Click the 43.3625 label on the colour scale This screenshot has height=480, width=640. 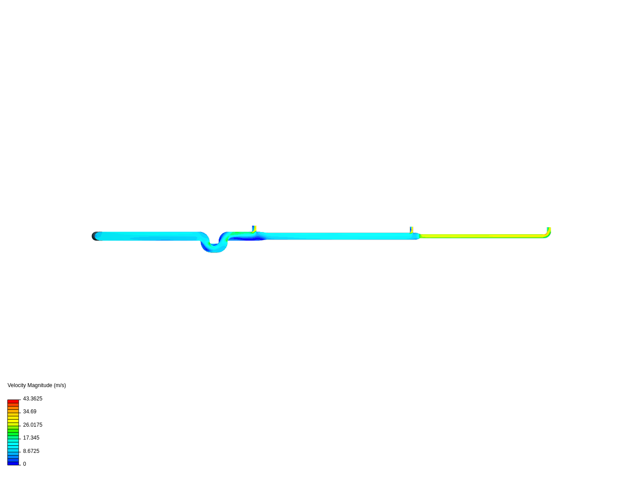pos(32,399)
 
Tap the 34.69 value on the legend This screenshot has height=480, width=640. pos(30,412)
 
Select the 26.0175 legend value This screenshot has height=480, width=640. pos(32,425)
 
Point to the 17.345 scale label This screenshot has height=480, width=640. pos(31,438)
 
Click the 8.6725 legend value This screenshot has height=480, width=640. pos(31,451)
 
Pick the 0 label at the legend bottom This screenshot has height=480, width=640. pos(24,464)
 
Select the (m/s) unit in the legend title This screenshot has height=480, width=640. pos(60,386)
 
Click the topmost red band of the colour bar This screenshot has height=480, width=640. pos(13,401)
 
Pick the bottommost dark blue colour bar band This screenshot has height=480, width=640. pos(13,464)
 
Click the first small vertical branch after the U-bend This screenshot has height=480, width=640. pos(254,229)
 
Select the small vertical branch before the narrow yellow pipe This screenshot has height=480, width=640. pos(412,230)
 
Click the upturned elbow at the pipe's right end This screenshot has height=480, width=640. pos(548,233)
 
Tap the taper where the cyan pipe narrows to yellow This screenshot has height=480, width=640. pos(419,236)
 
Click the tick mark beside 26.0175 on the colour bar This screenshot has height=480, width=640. pos(20,426)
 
